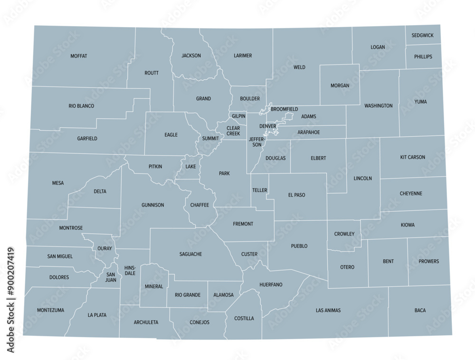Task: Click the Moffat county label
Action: coord(79,56)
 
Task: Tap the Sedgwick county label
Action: coord(423,36)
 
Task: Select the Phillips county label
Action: coord(423,57)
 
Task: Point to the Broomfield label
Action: coord(284,109)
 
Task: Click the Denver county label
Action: coord(268,126)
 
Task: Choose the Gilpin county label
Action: coord(238,116)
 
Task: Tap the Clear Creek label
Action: coord(233,131)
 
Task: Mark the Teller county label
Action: coord(260,190)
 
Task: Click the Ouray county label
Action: coord(104,248)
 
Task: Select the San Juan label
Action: coord(111,277)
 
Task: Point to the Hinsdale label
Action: coord(130,271)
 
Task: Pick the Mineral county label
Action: coord(154,286)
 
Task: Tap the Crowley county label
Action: coord(344,234)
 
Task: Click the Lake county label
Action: coord(190,167)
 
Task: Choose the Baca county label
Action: coord(420,311)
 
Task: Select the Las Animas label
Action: coord(328,311)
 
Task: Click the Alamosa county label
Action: coord(223,295)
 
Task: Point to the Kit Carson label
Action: coord(413,157)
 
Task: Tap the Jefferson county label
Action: coord(256,142)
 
